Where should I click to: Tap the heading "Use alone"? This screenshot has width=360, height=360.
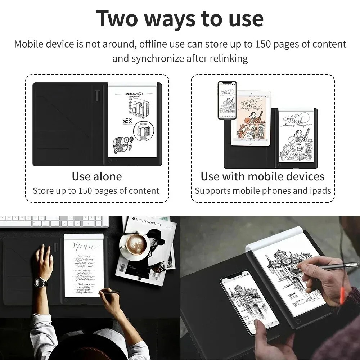[97, 176]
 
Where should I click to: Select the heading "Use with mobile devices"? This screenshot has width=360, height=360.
[262, 176]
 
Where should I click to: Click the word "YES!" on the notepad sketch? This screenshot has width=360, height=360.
[127, 121]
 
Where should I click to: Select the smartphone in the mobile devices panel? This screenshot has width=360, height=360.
[227, 100]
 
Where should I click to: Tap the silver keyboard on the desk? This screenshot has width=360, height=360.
[54, 221]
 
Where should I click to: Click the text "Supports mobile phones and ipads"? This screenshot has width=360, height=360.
[263, 191]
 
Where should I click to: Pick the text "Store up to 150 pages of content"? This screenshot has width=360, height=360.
[96, 191]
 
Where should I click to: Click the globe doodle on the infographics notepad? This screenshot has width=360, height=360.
[119, 144]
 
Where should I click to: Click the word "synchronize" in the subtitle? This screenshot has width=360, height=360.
[155, 58]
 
